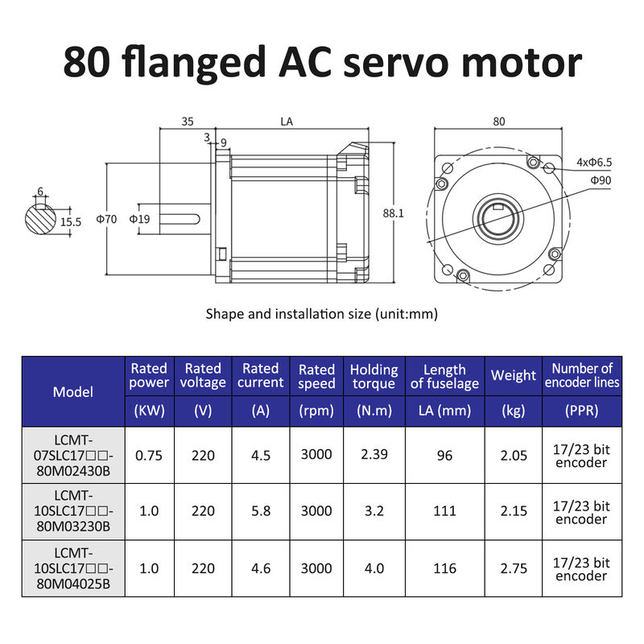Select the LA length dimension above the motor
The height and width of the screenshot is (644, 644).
pos(287,122)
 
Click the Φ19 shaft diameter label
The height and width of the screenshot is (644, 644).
pos(140,218)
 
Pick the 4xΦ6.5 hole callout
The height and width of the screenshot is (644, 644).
pos(594,162)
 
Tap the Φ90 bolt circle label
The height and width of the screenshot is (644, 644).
pos(601,180)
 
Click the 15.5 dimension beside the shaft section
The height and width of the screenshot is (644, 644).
pos(71,221)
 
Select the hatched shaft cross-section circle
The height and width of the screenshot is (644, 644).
pos(40,218)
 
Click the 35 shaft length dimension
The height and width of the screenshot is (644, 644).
pos(187,122)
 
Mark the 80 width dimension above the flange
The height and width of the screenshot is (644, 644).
pos(498,122)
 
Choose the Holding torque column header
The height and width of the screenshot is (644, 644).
pos(374,376)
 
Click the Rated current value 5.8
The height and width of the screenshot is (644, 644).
pos(261,511)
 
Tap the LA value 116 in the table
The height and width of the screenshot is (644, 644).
pos(444,568)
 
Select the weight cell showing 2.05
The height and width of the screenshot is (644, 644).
pos(513,455)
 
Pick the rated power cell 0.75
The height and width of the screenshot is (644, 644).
pos(149,455)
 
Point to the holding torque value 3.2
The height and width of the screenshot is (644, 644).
pos(374,511)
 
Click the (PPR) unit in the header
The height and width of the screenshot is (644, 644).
pos(581,411)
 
